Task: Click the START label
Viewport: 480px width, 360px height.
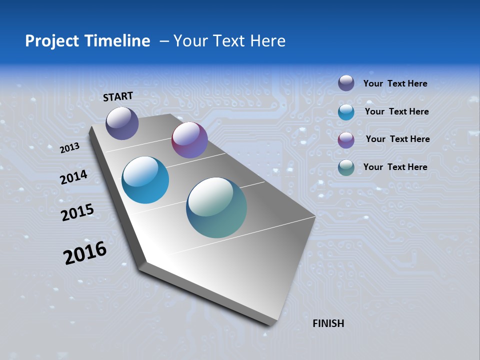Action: pos(118,96)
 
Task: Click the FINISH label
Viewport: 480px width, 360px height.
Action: pos(328,323)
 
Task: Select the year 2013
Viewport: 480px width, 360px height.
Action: pos(69,147)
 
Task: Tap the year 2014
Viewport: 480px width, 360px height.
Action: pos(73,177)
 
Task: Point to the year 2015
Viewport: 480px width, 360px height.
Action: pos(77,212)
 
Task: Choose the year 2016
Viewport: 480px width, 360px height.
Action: pos(85,253)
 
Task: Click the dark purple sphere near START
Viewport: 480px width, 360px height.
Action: pos(122,123)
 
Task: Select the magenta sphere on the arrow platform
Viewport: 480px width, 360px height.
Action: pos(189,140)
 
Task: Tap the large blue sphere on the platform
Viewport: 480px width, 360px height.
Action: pos(145,180)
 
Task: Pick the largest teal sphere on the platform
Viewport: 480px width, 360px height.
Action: pos(216,207)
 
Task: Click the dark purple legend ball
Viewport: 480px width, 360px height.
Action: pos(346,83)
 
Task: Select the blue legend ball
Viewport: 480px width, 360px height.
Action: pos(346,112)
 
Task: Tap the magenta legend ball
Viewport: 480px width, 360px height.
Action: pos(346,140)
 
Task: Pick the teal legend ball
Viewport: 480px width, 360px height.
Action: pos(346,167)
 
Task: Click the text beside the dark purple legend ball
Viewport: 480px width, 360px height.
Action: pos(395,84)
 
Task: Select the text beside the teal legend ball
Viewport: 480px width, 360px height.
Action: pos(395,167)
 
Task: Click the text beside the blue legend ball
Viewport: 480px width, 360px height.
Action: pos(396,111)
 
